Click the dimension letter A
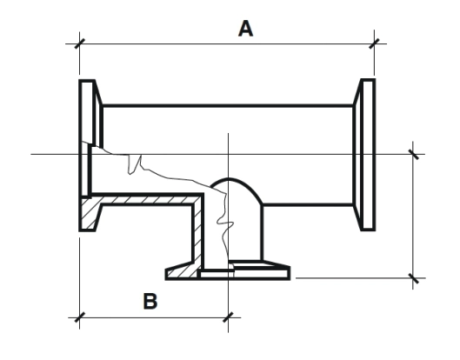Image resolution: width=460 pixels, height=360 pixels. (x=245, y=29)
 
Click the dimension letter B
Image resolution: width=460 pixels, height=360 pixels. (x=150, y=301)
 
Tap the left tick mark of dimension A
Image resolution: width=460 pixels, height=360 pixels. (x=79, y=43)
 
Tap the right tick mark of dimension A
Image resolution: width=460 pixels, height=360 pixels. (x=374, y=43)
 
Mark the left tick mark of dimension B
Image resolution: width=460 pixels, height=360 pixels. (x=79, y=317)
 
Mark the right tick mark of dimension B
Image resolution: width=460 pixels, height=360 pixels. (x=228, y=317)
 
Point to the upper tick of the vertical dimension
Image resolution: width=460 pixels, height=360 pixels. (x=413, y=154)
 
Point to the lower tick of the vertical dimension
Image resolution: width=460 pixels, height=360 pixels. (x=413, y=278)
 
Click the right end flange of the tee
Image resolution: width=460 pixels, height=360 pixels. (x=364, y=155)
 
